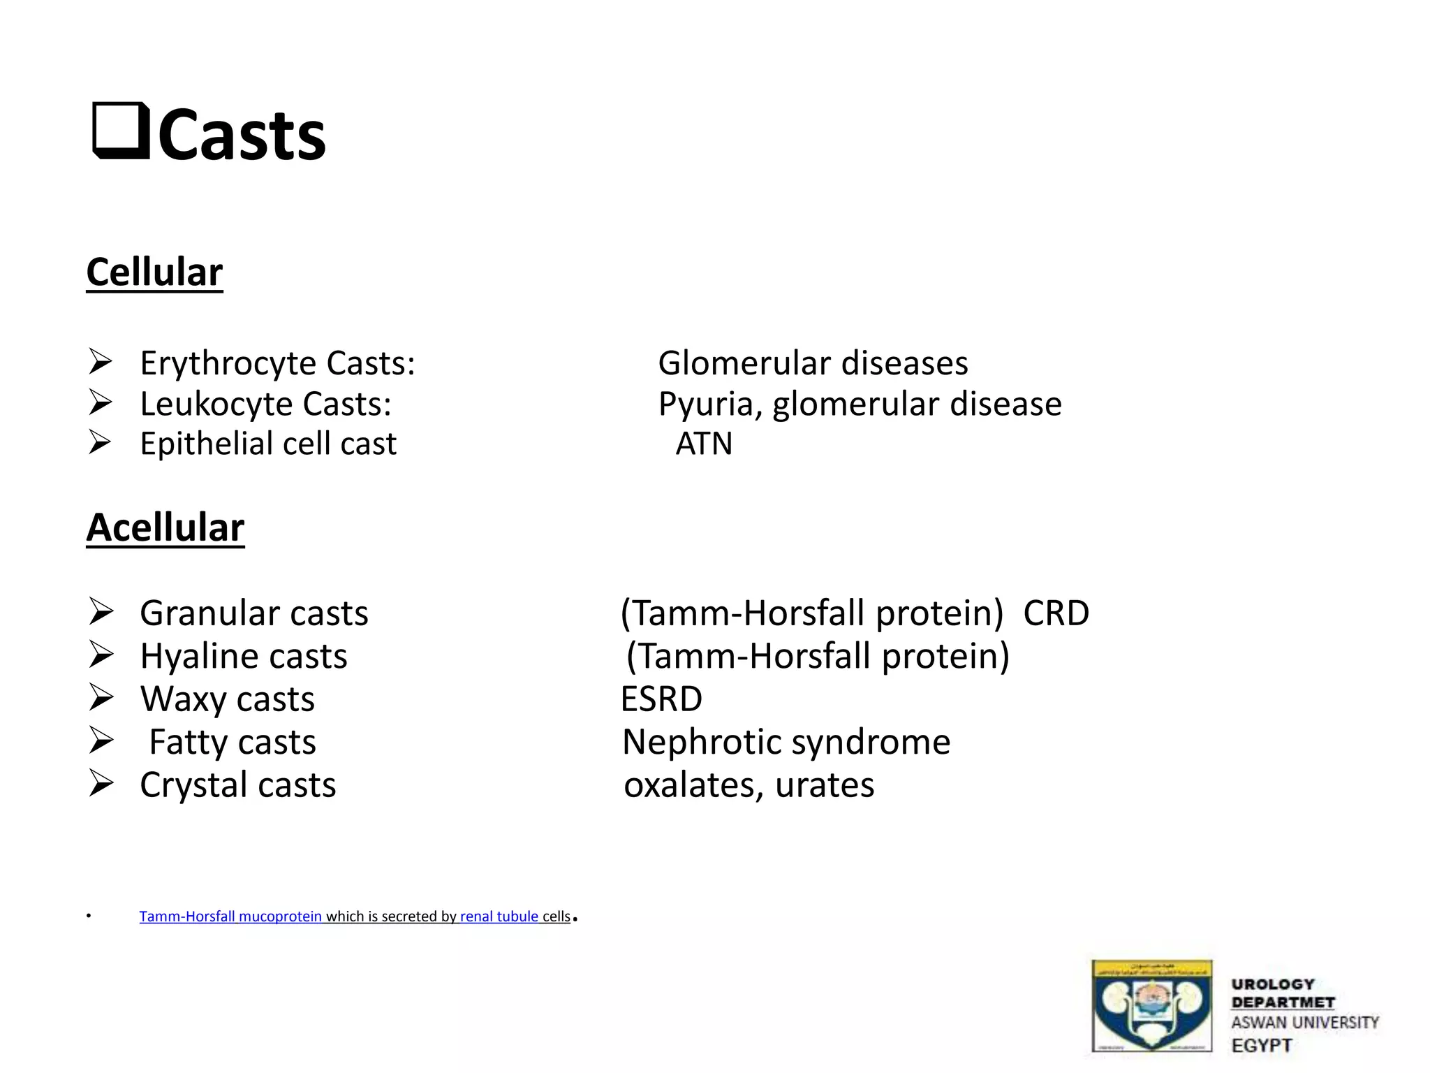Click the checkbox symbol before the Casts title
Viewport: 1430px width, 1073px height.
[x=121, y=131]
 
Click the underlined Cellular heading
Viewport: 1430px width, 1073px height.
[x=154, y=272]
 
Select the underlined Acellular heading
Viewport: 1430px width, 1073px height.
[x=165, y=527]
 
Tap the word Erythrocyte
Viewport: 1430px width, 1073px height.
[x=228, y=364]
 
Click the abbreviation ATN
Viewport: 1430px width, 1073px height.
[x=704, y=444]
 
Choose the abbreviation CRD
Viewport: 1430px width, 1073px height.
[x=1056, y=613]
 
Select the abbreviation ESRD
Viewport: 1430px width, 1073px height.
[x=661, y=699]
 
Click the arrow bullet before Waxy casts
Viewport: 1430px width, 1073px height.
[x=101, y=698]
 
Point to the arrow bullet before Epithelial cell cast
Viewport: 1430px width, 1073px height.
[x=101, y=442]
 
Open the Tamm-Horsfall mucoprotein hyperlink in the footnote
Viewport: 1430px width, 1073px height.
[x=230, y=917]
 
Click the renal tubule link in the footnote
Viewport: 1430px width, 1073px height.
[x=499, y=917]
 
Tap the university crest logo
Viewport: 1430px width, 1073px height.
[x=1151, y=1005]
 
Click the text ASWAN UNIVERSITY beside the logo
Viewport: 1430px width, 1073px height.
[x=1304, y=1023]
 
